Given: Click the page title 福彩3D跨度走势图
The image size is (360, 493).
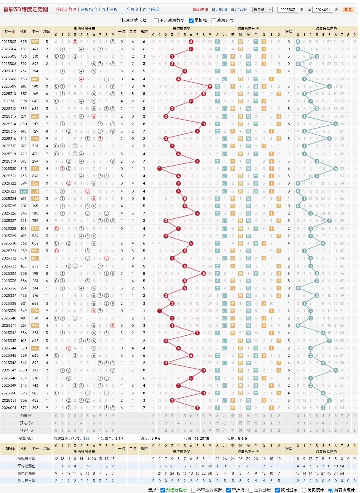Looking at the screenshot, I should tap(26, 9).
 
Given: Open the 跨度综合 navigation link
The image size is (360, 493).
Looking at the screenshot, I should tap(89, 9).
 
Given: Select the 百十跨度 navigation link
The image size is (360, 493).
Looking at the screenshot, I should tap(109, 9).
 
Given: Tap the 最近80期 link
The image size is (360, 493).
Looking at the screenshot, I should tap(219, 9).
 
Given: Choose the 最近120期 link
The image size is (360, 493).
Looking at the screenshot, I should tap(239, 9).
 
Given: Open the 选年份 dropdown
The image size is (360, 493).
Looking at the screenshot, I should tap(262, 10).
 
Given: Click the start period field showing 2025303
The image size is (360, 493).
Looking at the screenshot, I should tap(287, 10).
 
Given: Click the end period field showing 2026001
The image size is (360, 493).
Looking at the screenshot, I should tap(323, 10).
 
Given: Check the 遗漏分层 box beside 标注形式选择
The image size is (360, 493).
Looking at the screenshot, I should tap(214, 21).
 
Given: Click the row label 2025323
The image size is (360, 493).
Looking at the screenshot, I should tap(9, 191).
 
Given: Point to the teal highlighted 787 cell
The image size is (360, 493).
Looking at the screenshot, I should tap(23, 191).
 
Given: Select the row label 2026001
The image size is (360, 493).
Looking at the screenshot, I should tap(9, 408).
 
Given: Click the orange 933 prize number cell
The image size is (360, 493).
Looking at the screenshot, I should tap(35, 42).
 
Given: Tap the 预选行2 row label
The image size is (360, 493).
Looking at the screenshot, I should tap(26, 423).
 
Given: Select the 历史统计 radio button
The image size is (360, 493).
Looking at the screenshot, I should tap(304, 490).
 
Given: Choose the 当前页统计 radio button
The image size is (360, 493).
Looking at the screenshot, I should tap(331, 490).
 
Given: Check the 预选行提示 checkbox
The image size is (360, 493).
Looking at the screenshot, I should tap(163, 490).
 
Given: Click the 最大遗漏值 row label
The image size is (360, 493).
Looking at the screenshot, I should tap(26, 473).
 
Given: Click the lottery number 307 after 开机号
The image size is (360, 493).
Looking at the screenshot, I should tap(86, 438).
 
